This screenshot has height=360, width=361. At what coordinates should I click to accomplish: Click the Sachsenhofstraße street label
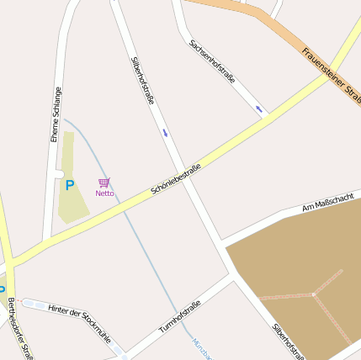[x=212, y=61]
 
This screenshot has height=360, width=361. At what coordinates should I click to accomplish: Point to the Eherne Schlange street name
[x=56, y=114]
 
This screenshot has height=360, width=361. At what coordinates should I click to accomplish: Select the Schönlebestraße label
[x=176, y=179]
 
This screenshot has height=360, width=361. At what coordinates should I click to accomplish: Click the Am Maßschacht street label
[x=327, y=203]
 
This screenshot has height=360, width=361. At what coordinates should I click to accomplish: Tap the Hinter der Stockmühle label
[x=79, y=324]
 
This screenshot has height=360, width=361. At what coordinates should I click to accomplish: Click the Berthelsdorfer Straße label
[x=19, y=328]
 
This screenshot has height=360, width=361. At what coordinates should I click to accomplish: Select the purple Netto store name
[x=104, y=193]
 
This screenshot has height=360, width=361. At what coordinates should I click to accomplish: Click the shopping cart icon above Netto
[x=104, y=183]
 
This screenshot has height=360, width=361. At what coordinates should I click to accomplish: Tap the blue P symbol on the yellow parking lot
[x=70, y=185]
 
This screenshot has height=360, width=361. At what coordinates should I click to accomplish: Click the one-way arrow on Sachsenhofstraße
[x=258, y=109]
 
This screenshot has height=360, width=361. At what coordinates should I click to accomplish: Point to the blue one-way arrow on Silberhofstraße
[x=165, y=132]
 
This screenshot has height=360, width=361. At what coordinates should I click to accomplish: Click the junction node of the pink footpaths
[x=313, y=294]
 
